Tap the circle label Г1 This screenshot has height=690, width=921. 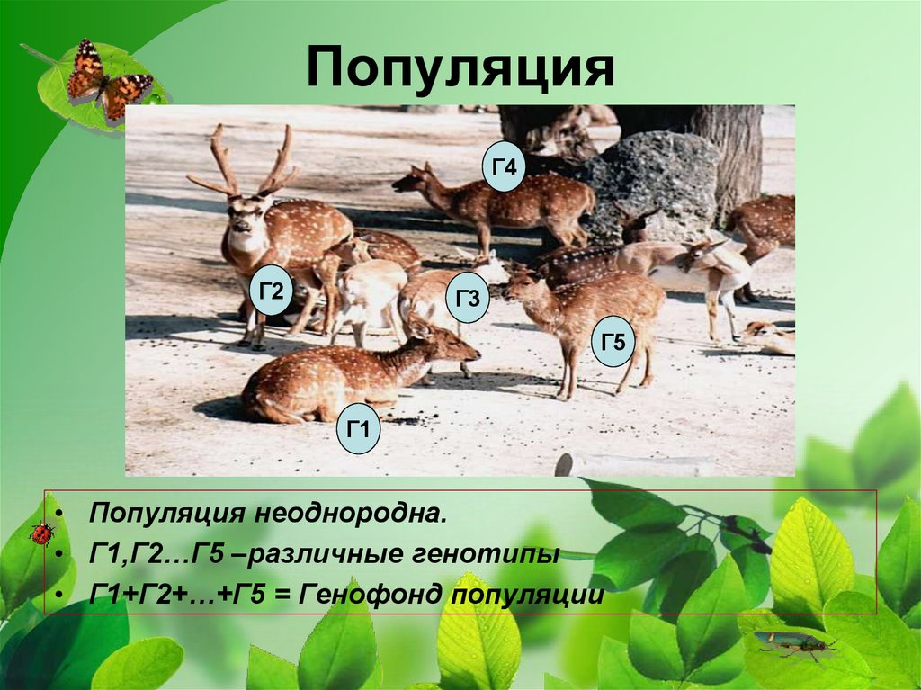point(359,429)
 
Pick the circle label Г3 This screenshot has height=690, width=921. point(467,298)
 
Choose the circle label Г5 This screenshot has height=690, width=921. point(613,341)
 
